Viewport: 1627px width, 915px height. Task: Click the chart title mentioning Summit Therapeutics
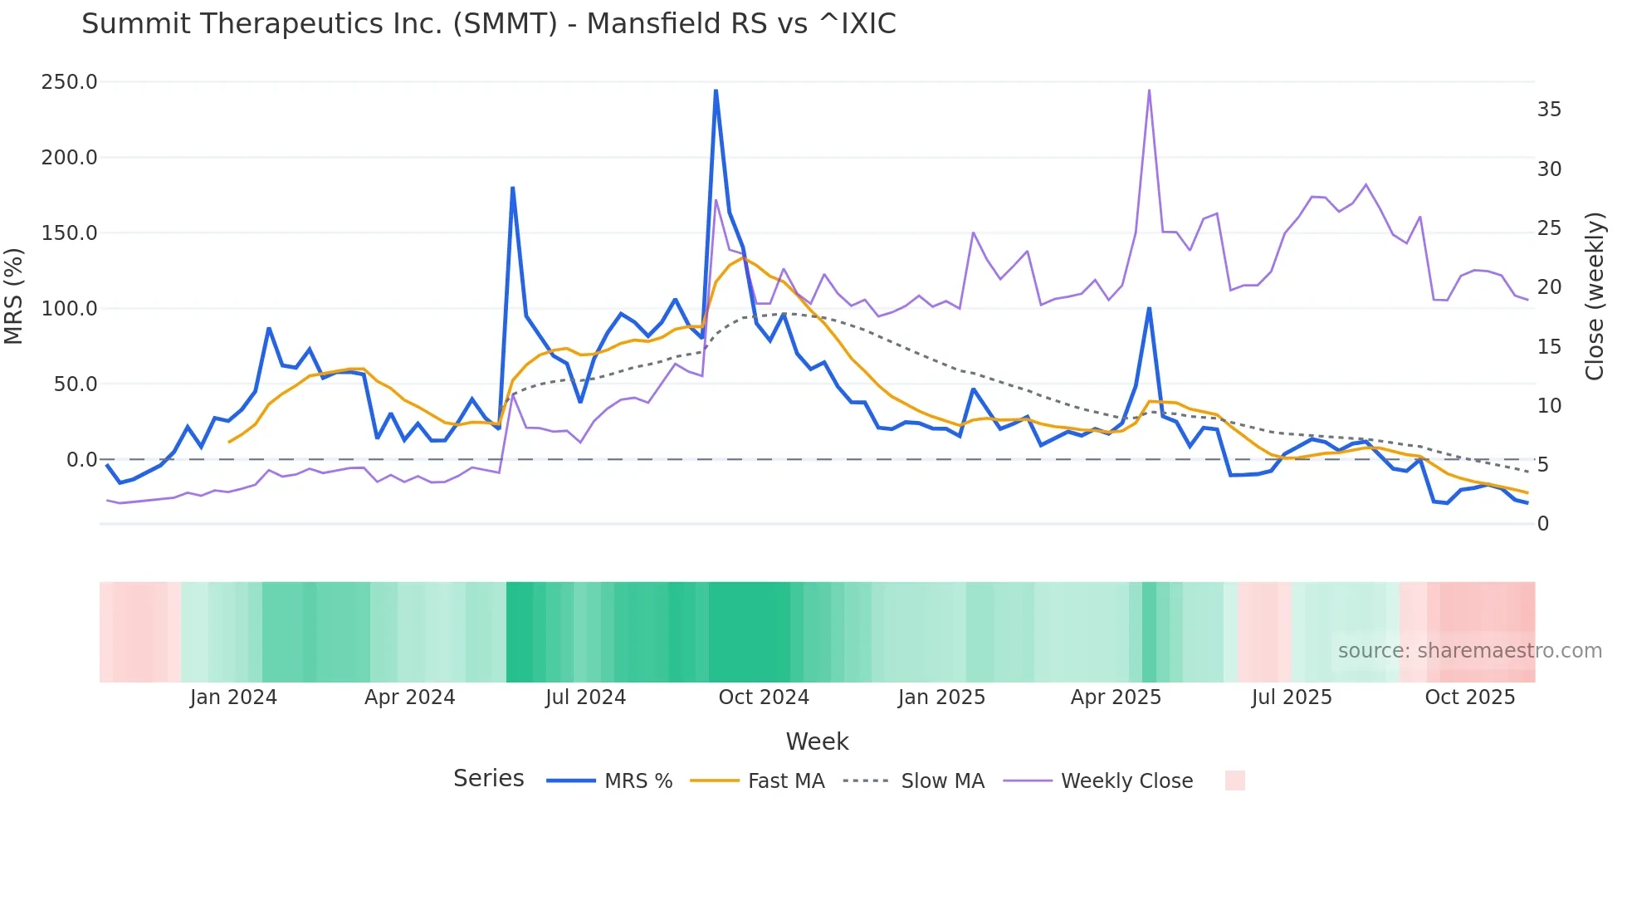(x=488, y=24)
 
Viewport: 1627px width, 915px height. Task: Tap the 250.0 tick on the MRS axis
(x=69, y=82)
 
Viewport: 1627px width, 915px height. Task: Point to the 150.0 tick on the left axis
(x=69, y=233)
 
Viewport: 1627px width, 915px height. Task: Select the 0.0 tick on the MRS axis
(x=81, y=460)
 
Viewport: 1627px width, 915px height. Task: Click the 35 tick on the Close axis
(x=1549, y=110)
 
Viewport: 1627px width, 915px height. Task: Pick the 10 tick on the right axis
(x=1549, y=406)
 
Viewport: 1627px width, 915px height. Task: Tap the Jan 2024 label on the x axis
(x=233, y=697)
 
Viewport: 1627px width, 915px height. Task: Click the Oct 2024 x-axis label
(x=764, y=697)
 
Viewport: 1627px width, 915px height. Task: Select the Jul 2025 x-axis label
(x=1292, y=697)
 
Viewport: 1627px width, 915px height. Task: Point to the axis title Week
(x=817, y=741)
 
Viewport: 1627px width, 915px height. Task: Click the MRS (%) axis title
(x=13, y=296)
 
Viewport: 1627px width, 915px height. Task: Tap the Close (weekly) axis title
(x=1595, y=296)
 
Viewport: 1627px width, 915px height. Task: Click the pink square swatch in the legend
(x=1234, y=780)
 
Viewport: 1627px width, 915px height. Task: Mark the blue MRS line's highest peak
(x=716, y=91)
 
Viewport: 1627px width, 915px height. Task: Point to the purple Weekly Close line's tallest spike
(x=1149, y=91)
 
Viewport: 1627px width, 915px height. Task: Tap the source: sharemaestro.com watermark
(x=1469, y=651)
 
